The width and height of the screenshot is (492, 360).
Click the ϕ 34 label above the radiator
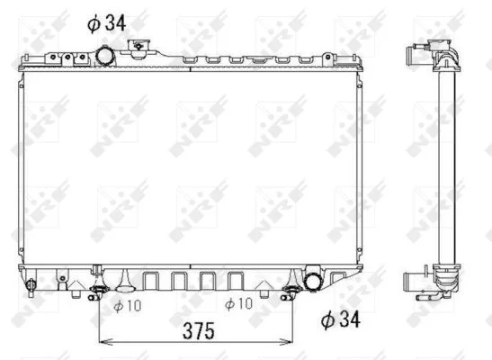click(106, 23)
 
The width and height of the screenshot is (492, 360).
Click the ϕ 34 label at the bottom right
click(341, 319)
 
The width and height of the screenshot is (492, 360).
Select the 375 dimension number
click(199, 331)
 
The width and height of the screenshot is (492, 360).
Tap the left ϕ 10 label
click(128, 306)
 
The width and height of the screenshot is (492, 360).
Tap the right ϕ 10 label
click(238, 304)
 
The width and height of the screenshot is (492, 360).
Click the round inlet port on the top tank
click(105, 56)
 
